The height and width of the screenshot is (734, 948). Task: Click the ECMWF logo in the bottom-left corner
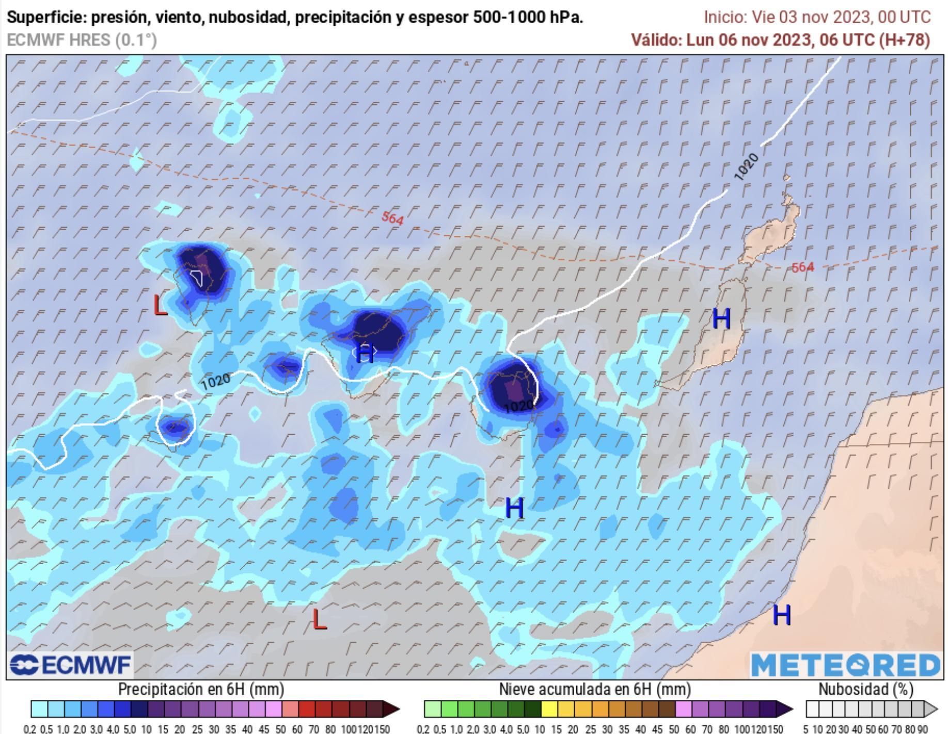point(70,664)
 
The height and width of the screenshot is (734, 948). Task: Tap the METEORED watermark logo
point(845,665)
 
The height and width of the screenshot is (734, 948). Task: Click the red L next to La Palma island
point(161,306)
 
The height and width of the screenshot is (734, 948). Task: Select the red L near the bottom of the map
point(320,619)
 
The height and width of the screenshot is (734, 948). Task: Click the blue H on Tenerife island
point(365,353)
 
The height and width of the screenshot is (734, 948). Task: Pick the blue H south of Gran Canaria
point(514,508)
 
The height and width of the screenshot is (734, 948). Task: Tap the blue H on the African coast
point(782,615)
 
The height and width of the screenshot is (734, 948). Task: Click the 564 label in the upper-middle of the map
point(392,218)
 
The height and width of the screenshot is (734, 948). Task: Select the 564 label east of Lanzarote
point(802,267)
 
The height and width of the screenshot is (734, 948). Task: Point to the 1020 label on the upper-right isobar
point(746,167)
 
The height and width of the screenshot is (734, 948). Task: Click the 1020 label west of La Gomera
point(215,381)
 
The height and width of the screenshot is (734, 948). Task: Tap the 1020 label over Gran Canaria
point(518,406)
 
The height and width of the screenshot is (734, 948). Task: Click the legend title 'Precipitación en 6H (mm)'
point(201,690)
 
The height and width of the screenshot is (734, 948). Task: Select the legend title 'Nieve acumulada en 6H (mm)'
point(595,690)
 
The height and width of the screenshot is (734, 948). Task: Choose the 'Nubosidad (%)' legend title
point(866,690)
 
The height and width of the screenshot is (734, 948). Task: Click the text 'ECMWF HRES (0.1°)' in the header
point(82,40)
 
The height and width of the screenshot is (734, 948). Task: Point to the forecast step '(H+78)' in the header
point(904,40)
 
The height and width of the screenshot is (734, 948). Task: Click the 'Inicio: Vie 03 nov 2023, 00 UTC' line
point(817,17)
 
